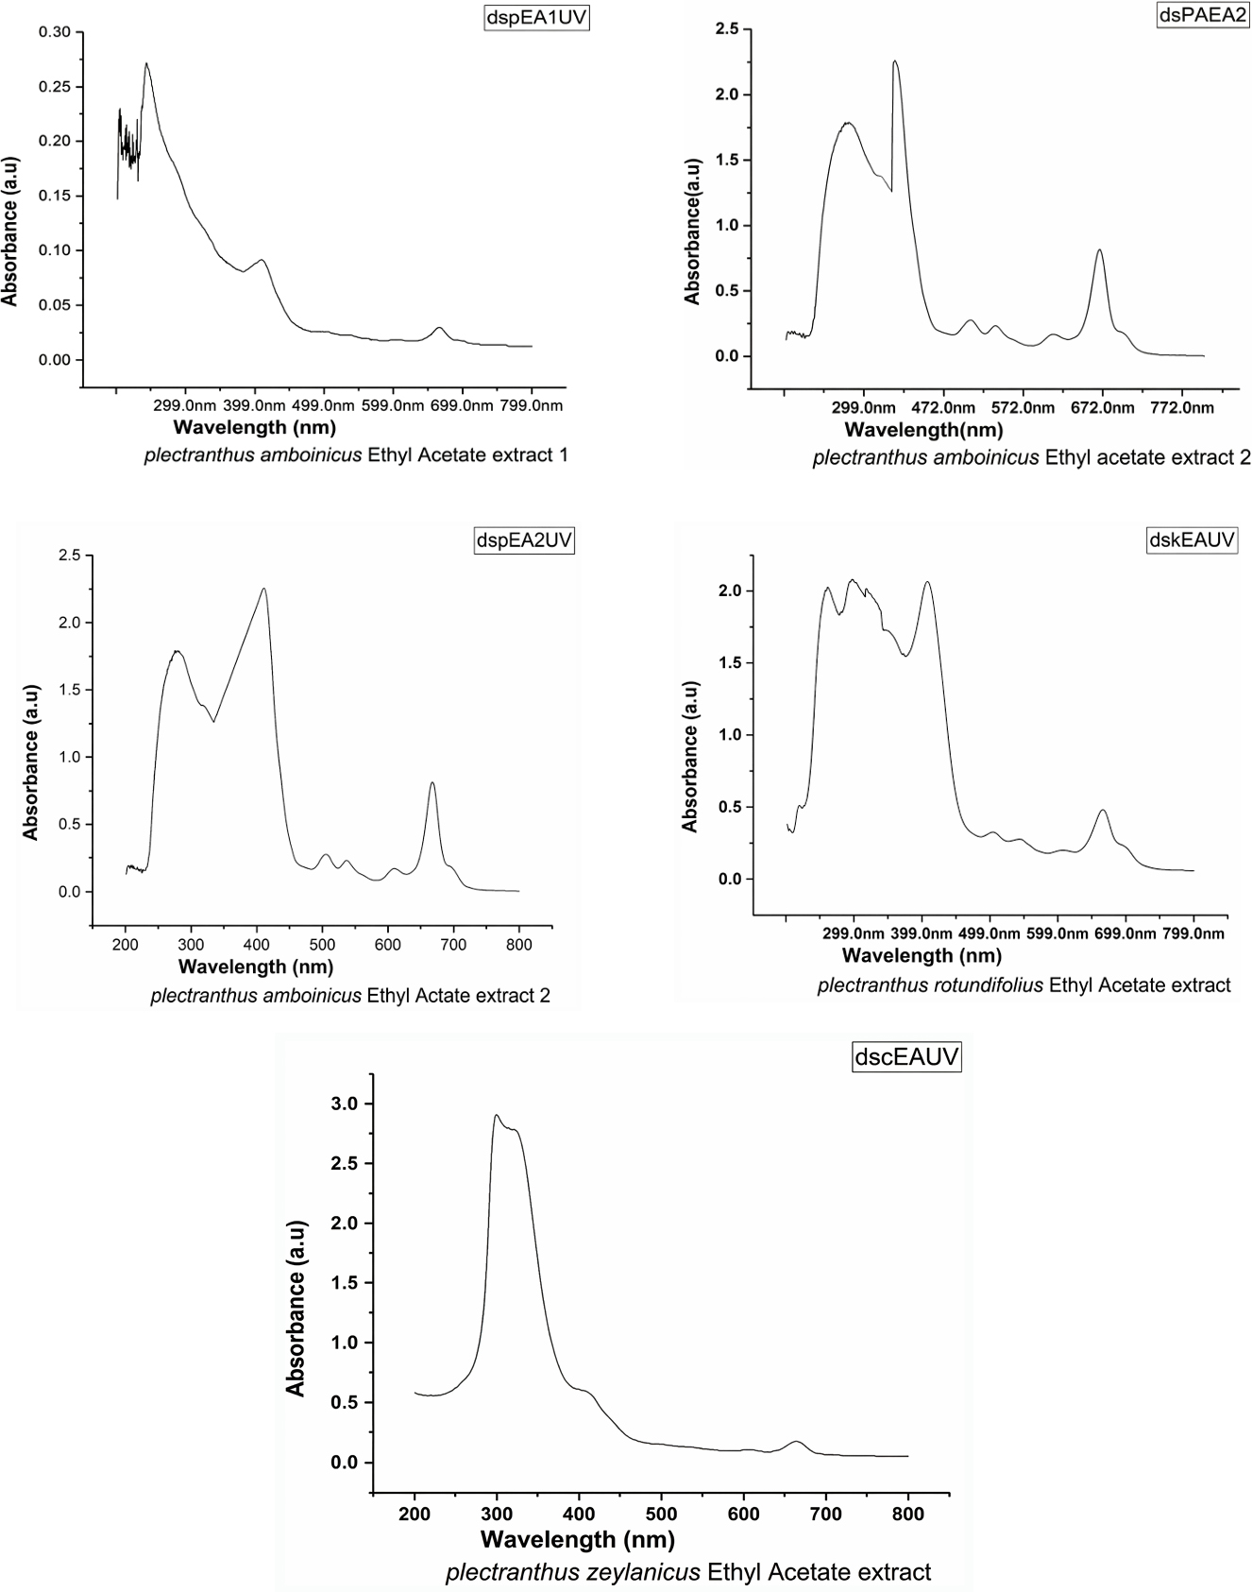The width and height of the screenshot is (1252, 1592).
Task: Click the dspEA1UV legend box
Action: (535, 19)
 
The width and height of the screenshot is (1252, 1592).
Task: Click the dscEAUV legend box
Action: (906, 1056)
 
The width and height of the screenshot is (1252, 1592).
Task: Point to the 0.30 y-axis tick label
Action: (55, 32)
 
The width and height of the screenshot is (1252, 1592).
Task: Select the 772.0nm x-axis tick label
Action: (1183, 408)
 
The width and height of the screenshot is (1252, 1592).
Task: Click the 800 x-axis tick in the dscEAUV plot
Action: (908, 1514)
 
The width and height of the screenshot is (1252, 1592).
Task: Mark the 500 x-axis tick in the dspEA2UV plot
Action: (322, 944)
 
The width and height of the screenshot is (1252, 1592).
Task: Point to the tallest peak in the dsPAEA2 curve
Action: (894, 61)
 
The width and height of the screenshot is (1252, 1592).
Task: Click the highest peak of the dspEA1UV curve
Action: (146, 64)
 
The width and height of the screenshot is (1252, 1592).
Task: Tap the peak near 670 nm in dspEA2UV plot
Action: (432, 782)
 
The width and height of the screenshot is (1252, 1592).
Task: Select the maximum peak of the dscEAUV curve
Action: (497, 1116)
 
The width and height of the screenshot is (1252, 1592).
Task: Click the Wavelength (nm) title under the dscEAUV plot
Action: (577, 1539)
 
